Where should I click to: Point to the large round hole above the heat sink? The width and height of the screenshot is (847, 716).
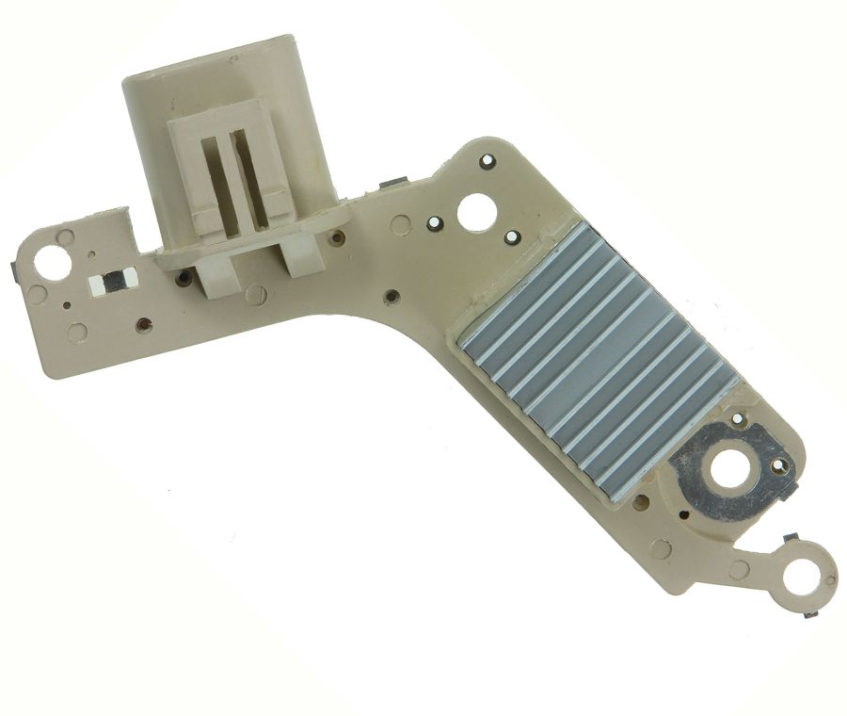(475, 211)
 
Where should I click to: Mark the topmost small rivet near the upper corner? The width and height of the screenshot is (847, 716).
(487, 161)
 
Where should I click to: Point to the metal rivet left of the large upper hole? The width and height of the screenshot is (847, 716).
(434, 223)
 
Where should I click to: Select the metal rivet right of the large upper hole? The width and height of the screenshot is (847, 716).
(512, 236)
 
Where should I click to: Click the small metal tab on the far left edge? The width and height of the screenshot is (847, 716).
(14, 273)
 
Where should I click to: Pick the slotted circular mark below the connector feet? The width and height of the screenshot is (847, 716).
(254, 295)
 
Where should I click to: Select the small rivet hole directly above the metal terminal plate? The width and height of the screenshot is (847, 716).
(737, 417)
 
